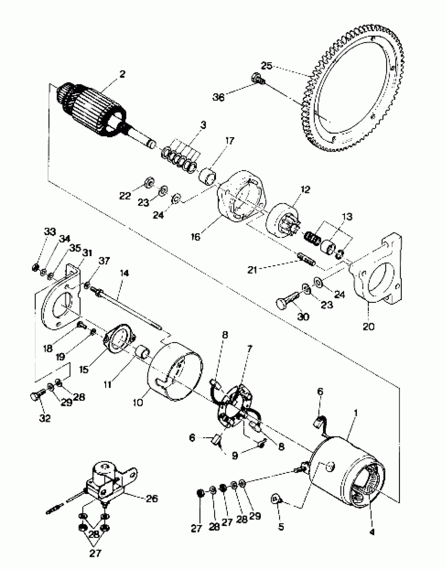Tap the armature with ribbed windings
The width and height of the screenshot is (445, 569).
point(92,110)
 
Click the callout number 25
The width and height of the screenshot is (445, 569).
point(267,66)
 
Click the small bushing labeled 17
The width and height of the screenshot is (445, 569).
point(208,177)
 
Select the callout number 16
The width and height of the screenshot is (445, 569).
point(196,237)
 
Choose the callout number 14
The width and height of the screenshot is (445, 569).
point(124,273)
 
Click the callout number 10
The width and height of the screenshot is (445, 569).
point(138,402)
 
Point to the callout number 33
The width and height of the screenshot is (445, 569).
point(50,232)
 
